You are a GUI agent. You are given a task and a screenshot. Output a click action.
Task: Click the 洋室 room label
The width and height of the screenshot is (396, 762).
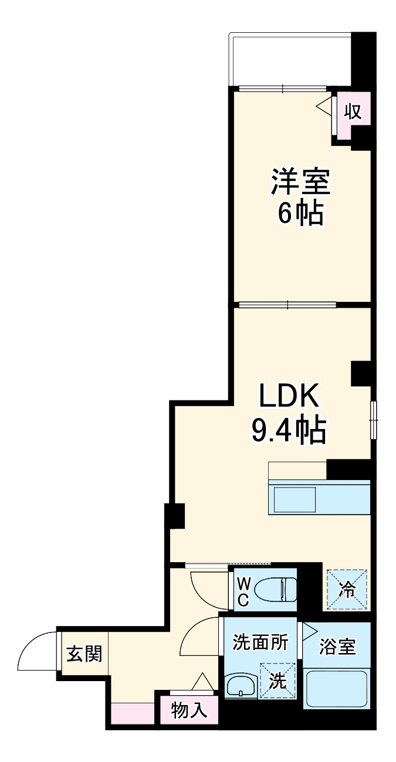[300, 183]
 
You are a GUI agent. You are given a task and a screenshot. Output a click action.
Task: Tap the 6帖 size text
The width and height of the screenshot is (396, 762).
[300, 214]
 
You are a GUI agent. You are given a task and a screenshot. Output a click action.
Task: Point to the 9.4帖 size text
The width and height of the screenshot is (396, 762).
[289, 431]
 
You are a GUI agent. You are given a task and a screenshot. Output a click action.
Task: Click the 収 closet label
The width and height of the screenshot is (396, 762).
[353, 111]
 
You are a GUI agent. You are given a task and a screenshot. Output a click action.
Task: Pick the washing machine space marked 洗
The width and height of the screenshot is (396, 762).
[277, 681]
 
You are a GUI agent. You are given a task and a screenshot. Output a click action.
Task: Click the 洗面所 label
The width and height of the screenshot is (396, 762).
[260, 642]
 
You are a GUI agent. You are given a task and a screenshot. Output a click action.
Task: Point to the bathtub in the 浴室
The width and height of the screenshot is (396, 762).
[337, 689]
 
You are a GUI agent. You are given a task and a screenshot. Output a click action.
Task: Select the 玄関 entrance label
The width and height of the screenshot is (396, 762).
[83, 653]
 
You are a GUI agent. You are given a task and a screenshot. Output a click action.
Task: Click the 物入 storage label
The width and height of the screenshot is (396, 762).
[189, 711]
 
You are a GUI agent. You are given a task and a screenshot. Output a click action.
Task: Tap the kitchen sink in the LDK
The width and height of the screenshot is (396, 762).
[296, 499]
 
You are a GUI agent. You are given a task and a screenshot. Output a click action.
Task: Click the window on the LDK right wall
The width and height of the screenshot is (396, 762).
[373, 419]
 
